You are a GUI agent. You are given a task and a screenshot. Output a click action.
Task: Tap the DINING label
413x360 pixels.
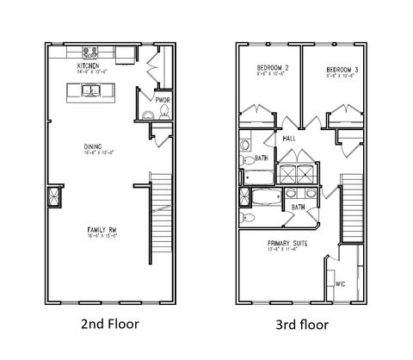pos(93,146)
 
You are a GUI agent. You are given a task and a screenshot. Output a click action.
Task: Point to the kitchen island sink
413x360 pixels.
pos(96,90)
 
